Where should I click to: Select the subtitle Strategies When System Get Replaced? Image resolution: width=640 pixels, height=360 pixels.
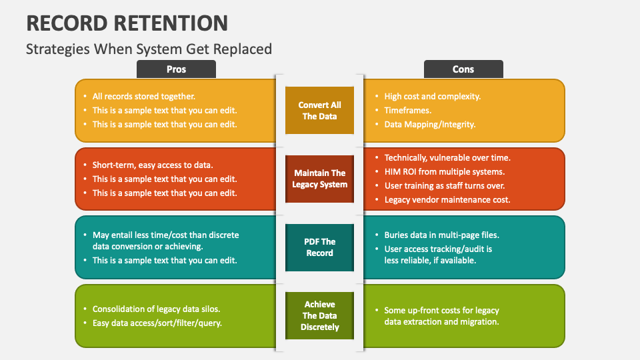point(149,49)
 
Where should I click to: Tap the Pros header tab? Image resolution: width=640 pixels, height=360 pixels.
point(176,69)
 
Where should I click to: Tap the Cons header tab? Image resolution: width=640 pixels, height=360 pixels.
point(463,69)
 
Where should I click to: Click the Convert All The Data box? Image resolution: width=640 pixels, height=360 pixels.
point(319,111)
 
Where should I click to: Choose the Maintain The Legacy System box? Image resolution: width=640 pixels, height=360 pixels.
point(319,179)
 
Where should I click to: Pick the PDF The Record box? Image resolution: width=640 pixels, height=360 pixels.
point(319,247)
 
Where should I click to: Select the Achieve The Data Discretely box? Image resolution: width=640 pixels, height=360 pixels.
point(319,316)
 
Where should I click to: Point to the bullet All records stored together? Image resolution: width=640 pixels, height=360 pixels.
point(143,96)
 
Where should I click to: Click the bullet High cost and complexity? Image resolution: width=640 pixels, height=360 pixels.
point(432,96)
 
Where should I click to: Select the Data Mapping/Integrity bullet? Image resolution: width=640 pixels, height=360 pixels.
point(429,124)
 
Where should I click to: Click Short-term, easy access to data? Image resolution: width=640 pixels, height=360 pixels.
point(153,165)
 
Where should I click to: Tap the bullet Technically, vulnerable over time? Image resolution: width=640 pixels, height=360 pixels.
point(447,158)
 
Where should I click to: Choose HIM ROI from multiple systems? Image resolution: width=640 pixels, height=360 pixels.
point(444,172)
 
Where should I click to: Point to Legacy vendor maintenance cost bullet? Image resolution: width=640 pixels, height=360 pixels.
point(447,200)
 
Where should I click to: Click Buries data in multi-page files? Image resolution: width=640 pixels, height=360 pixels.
point(441,235)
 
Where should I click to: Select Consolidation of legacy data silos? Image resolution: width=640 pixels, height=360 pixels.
point(156,309)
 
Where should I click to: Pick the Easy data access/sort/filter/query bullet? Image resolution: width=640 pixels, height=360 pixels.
point(157,323)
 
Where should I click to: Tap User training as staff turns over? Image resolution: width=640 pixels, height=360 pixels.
point(444,186)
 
